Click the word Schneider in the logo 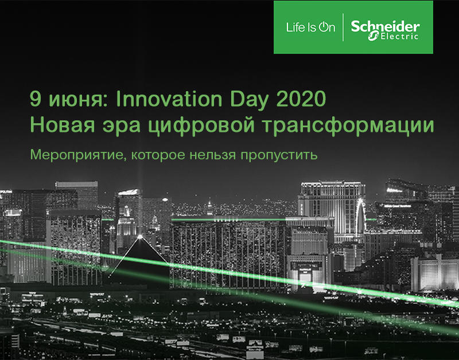click(385, 26)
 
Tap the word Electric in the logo click(399, 37)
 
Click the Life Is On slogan click(310, 28)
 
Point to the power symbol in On click(323, 28)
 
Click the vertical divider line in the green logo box click(343, 27)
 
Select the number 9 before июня click(35, 99)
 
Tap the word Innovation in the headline click(169, 99)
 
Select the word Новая click(63, 125)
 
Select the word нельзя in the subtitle click(213, 155)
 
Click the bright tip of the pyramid click(140, 236)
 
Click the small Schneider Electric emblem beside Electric click(374, 37)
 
